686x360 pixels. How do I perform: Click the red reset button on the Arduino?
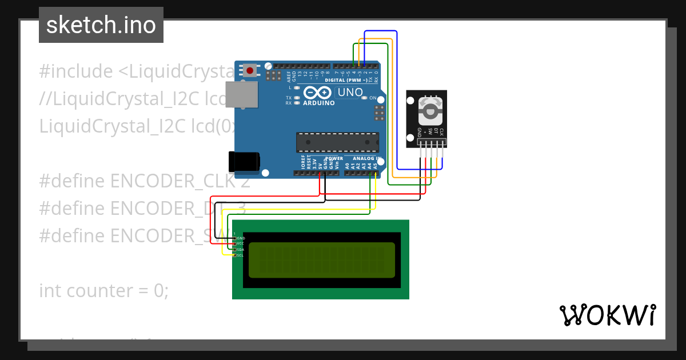[x=250, y=70]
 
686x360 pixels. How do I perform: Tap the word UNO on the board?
[x=350, y=92]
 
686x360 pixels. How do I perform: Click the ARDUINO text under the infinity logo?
[x=319, y=103]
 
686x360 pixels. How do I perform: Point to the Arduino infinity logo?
[x=318, y=93]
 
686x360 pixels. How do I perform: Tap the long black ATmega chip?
[x=337, y=142]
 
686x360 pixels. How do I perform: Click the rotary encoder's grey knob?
[x=430, y=111]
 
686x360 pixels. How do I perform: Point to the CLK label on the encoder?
[x=441, y=133]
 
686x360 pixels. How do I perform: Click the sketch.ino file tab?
[x=101, y=25]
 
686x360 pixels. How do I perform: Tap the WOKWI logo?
[x=607, y=315]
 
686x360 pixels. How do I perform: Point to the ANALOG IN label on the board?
[x=366, y=158]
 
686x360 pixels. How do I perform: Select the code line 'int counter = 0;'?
[x=104, y=291]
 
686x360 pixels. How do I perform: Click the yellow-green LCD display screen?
[x=322, y=260]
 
